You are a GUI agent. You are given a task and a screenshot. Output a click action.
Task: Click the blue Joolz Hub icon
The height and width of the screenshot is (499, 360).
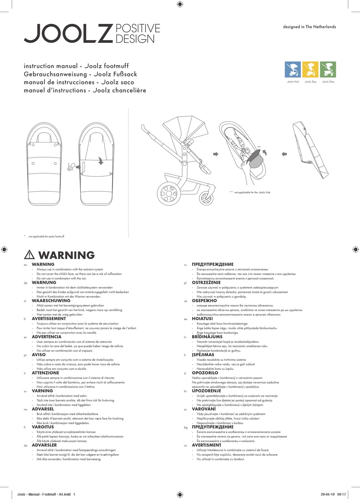pyautogui.click(x=293, y=69)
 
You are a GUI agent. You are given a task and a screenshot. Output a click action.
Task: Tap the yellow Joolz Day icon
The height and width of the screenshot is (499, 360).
pyautogui.click(x=310, y=69)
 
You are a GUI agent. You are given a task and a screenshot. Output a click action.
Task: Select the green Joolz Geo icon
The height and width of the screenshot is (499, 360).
pyautogui.click(x=328, y=69)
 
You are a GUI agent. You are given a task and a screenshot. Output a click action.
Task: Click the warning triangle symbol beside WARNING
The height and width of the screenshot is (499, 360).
pyautogui.click(x=29, y=255)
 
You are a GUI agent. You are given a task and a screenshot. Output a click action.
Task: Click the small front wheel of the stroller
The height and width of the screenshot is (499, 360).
pyautogui.click(x=206, y=197)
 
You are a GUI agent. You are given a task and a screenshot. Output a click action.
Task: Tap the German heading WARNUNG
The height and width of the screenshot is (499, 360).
pyautogui.click(x=44, y=283)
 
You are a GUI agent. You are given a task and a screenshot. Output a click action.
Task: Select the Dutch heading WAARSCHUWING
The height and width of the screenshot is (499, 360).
pyautogui.click(x=51, y=301)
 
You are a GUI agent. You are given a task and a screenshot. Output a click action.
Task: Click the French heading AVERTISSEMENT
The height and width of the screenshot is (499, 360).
pyautogui.click(x=49, y=319)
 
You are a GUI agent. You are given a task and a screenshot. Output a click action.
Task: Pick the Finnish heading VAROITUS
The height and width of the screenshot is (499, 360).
pyautogui.click(x=43, y=427)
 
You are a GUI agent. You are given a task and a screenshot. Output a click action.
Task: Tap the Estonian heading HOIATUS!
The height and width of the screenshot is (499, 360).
pyautogui.click(x=202, y=319)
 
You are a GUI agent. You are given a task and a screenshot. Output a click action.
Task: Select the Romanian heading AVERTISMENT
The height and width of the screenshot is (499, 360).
pyautogui.click(x=207, y=445)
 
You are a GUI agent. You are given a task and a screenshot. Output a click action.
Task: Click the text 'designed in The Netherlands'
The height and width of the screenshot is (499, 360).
pyautogui.click(x=309, y=27)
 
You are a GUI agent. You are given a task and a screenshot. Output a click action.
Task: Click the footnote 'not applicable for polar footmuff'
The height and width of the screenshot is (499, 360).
pyautogui.click(x=46, y=236)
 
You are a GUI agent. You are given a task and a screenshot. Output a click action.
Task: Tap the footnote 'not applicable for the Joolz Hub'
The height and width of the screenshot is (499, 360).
pyautogui.click(x=252, y=192)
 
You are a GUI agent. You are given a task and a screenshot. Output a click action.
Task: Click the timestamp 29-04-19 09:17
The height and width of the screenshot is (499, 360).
pyautogui.click(x=333, y=494)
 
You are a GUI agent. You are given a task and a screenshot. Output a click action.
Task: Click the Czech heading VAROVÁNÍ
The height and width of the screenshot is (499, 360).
pyautogui.click(x=203, y=409)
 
